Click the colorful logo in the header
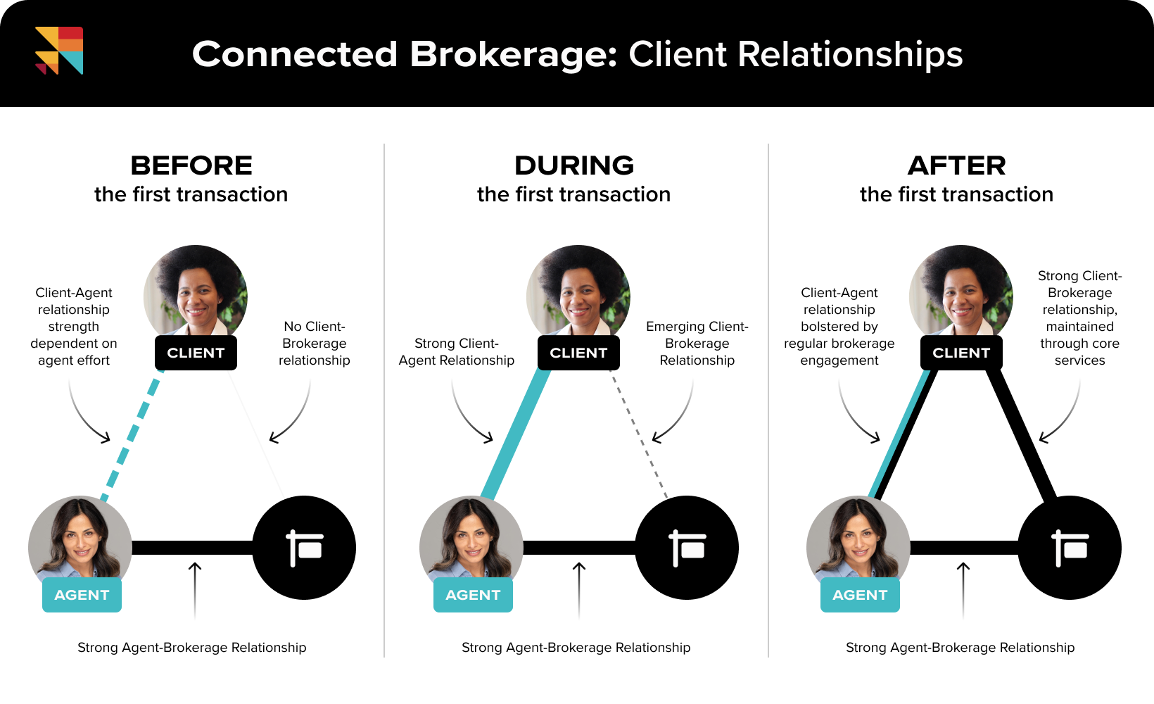pos(59,51)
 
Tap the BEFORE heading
pos(191,166)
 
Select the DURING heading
pos(574,166)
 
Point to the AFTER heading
pos(957,166)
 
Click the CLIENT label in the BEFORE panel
pos(196,353)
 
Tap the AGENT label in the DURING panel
pos(473,595)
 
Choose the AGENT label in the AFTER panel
pos(860,595)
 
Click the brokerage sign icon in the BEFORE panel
pos(304,548)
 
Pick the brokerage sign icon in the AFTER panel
pos(1070,548)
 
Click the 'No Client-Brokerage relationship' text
pos(314,344)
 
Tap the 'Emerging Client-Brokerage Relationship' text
pos(697,344)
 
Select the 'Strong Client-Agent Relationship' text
pos(457,352)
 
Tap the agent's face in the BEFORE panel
pos(79,539)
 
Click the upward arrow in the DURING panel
pos(579,588)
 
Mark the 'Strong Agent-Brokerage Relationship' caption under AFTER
pos(960,648)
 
